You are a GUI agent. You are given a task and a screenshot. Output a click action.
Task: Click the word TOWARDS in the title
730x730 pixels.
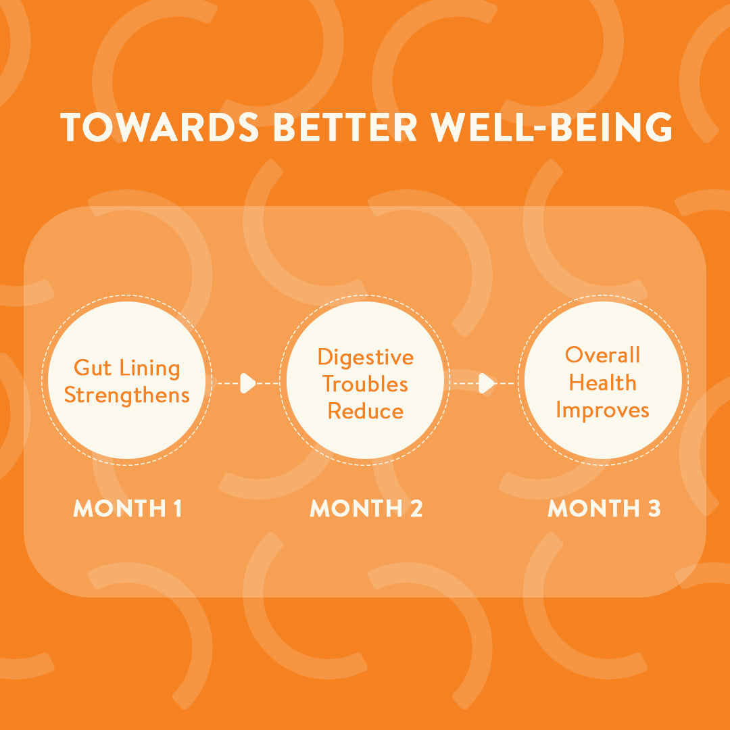pyautogui.click(x=160, y=126)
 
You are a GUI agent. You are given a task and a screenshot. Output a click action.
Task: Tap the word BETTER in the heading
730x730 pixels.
pyautogui.click(x=345, y=126)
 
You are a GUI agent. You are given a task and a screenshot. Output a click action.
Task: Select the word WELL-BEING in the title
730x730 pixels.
pyautogui.click(x=552, y=126)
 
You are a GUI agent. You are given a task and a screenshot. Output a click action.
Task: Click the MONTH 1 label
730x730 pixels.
pyautogui.click(x=127, y=508)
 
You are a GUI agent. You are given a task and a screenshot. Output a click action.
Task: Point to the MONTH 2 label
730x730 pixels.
pyautogui.click(x=366, y=508)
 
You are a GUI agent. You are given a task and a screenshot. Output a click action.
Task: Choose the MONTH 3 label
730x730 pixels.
pyautogui.click(x=604, y=508)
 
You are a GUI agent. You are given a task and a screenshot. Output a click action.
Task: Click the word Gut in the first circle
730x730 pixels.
pyautogui.click(x=93, y=367)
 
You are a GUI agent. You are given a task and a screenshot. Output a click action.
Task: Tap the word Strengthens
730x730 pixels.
pyautogui.click(x=126, y=395)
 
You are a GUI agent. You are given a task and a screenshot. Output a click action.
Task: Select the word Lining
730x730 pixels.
pyautogui.click(x=150, y=368)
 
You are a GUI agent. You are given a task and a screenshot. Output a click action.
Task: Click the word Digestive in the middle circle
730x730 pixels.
pyautogui.click(x=366, y=358)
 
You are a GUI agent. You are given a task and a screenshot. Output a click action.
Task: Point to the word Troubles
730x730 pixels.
pyautogui.click(x=366, y=384)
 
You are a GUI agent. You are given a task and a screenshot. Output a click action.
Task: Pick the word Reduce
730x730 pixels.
pyautogui.click(x=366, y=411)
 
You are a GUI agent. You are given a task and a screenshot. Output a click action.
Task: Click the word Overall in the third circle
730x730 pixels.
pyautogui.click(x=602, y=355)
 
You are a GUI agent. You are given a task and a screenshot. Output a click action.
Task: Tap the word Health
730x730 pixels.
pyautogui.click(x=602, y=383)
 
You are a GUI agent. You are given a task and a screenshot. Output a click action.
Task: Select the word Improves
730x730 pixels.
pyautogui.click(x=602, y=411)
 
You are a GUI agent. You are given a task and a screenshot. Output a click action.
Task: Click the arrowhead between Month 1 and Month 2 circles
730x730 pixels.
pyautogui.click(x=247, y=383)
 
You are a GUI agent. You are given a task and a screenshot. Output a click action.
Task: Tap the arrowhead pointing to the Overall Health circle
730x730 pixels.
pyautogui.click(x=487, y=383)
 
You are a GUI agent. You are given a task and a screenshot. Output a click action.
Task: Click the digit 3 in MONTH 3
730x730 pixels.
pyautogui.click(x=654, y=508)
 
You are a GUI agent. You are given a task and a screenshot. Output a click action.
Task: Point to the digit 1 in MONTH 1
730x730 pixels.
pyautogui.click(x=177, y=508)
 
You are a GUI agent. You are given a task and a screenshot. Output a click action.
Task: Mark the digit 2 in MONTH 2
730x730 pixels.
pyautogui.click(x=416, y=508)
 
